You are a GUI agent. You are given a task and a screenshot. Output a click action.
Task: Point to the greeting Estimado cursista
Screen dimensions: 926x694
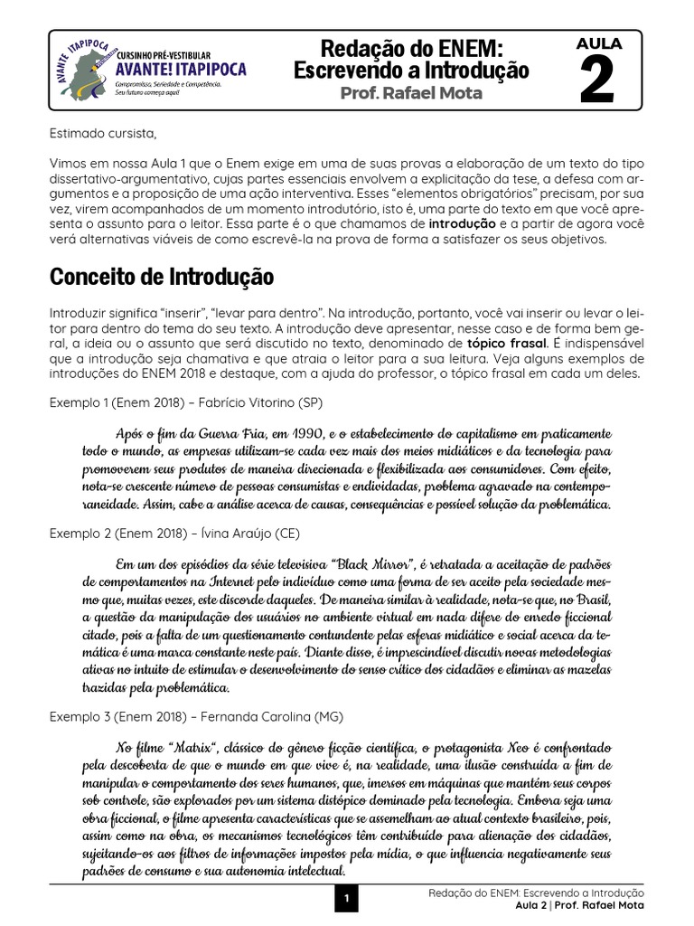[102, 135]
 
